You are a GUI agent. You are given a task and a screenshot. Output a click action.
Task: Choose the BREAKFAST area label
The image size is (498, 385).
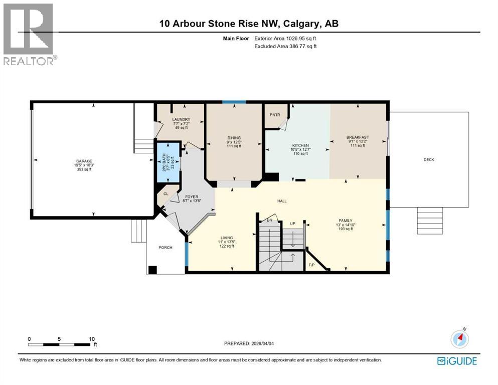(x=358, y=137)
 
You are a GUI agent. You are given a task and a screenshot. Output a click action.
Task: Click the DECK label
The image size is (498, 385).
(x=429, y=160)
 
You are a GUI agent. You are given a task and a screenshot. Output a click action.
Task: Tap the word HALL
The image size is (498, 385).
(x=282, y=201)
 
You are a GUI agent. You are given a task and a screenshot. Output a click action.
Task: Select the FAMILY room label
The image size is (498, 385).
(x=345, y=221)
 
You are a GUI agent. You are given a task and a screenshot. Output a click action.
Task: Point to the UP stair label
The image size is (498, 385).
(x=292, y=223)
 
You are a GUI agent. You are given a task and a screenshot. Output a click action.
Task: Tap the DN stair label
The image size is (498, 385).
(x=269, y=220)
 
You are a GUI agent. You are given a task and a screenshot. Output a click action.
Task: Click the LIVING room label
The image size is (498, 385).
(x=227, y=238)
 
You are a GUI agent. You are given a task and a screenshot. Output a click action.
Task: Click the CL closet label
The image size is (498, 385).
(x=166, y=194)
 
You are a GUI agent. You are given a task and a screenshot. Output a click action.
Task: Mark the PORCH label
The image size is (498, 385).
(x=165, y=248)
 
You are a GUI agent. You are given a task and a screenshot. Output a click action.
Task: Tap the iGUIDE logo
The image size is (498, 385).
(x=457, y=360)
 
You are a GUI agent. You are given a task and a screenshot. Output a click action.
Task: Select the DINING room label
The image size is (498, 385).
(x=234, y=138)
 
